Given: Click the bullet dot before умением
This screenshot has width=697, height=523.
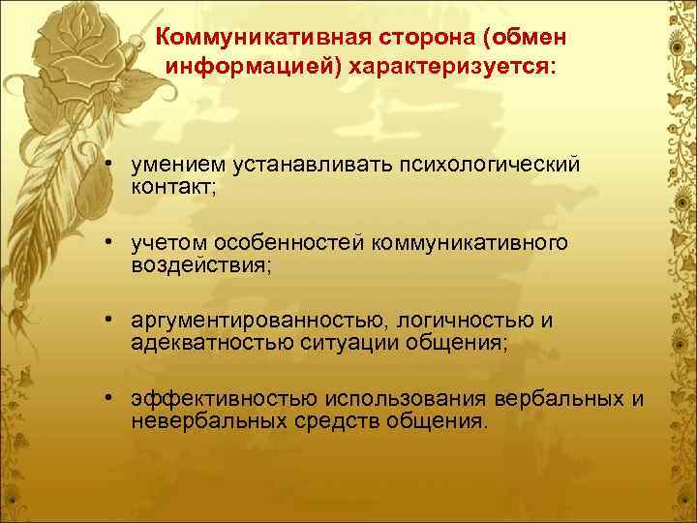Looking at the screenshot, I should (x=113, y=165).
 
